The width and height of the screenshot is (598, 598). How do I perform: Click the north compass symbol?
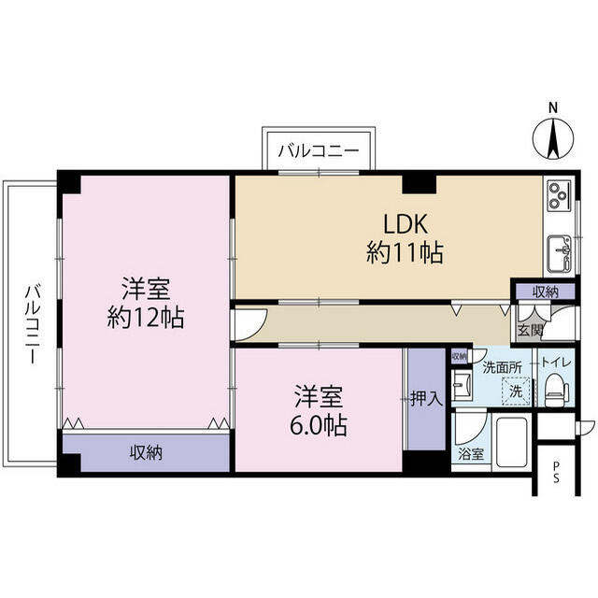[552, 136]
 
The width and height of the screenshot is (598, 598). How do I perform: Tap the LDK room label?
[406, 224]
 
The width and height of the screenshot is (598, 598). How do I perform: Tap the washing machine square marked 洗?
[516, 391]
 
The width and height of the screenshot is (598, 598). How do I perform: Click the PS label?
[556, 472]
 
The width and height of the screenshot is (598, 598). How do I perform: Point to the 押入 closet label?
[426, 399]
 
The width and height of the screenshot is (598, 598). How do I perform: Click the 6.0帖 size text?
[319, 425]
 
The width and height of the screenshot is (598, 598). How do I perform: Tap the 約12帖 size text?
[146, 318]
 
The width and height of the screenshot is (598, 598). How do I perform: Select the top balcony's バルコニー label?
[319, 150]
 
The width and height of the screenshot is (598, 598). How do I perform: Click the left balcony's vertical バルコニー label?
[33, 323]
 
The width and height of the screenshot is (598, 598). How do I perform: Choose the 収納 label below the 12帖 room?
[146, 452]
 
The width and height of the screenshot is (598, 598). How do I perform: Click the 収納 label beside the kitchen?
[546, 292]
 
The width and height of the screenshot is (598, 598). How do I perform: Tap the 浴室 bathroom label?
[471, 455]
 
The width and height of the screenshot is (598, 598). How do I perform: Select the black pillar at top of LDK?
[420, 183]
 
